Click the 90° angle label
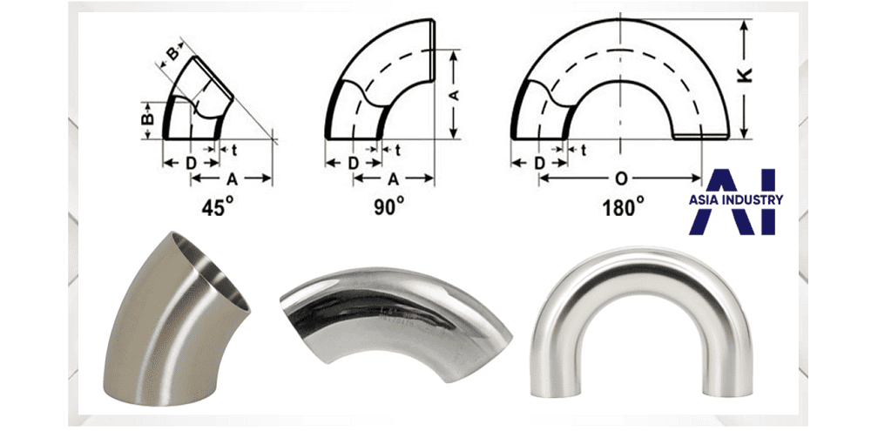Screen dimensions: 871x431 388,207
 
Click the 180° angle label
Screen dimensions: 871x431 624,207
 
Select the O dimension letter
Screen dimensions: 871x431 622,178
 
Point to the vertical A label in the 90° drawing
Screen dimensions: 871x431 454,95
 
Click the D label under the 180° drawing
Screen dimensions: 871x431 539,164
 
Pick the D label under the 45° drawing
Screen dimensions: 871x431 191,164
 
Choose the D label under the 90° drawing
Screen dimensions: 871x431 354,164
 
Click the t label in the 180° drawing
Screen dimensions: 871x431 584,149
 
